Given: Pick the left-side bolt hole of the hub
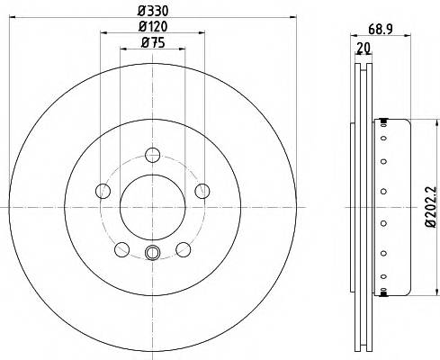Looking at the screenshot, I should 103,190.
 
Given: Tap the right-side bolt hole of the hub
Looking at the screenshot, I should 202,189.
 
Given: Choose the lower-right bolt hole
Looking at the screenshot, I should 184,248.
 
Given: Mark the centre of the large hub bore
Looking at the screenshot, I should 152,206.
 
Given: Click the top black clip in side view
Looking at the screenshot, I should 385,120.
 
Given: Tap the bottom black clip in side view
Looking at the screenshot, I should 385,292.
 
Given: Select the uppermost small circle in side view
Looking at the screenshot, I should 384,138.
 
